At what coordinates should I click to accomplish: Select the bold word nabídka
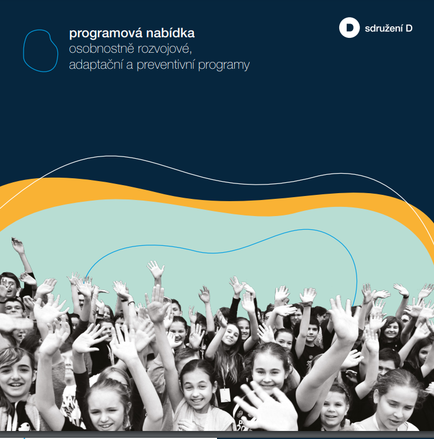tap(170, 33)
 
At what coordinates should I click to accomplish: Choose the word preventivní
tap(165, 65)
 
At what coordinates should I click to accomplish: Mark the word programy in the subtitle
tap(224, 65)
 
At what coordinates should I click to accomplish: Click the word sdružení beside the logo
tap(384, 28)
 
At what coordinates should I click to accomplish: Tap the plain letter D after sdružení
tap(409, 28)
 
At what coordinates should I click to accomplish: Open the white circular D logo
tap(350, 28)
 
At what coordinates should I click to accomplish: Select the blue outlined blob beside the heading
tap(41, 50)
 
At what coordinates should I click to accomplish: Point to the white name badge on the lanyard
tap(225, 395)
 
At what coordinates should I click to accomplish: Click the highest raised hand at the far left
tap(18, 245)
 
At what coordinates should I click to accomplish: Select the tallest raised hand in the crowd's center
tap(156, 269)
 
